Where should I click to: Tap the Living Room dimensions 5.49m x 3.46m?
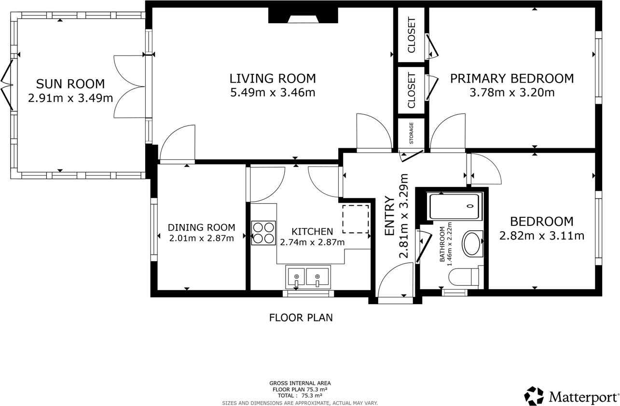[273, 92]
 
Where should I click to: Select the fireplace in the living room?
[303, 17]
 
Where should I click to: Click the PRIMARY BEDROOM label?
[512, 78]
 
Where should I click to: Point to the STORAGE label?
[412, 133]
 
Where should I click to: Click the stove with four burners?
[263, 233]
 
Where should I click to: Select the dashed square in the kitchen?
[356, 219]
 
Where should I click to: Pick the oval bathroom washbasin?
[472, 244]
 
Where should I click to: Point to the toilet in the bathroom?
[462, 277]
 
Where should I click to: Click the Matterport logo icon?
[534, 396]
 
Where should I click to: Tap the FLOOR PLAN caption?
[301, 318]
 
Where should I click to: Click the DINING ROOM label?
[201, 227]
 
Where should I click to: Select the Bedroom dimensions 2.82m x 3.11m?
[541, 236]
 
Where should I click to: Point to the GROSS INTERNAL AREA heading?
[300, 383]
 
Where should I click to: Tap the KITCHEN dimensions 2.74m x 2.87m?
[312, 242]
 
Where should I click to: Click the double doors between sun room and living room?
[129, 86]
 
